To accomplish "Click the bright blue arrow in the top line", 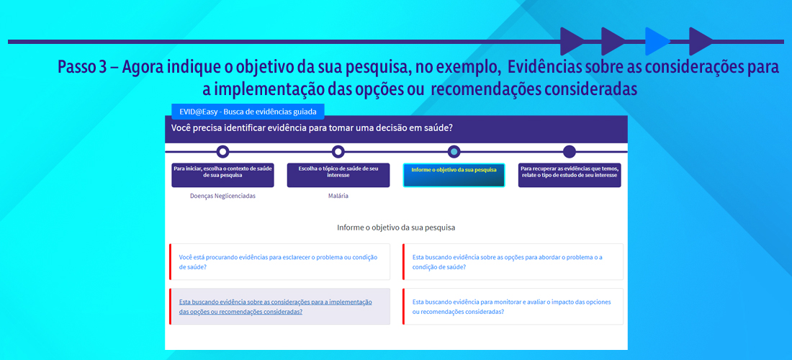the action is click(x=657, y=42).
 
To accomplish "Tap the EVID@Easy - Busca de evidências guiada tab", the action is click(x=248, y=112).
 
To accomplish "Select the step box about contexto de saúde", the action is click(x=222, y=175).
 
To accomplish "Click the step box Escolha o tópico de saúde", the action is click(x=338, y=175).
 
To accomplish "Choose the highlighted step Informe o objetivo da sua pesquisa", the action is click(x=454, y=175).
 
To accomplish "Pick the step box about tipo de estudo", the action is click(x=570, y=175).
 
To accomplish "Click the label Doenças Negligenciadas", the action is click(x=222, y=197).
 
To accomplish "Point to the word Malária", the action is click(x=338, y=197).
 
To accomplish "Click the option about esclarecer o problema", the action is click(x=280, y=261).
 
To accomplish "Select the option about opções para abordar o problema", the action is click(x=513, y=261).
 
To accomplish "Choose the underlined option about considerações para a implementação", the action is click(x=280, y=307).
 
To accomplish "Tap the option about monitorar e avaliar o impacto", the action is click(x=513, y=307).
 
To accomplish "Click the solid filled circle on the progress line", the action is click(x=570, y=151).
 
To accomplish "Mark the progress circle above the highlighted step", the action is click(x=454, y=151).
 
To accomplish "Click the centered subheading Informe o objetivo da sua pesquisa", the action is click(x=397, y=228).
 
